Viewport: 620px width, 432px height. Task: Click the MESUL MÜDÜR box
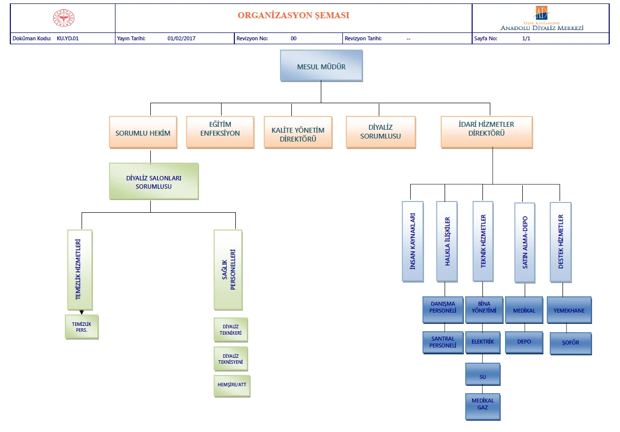pos(321,66)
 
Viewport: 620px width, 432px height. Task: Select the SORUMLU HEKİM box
pos(143,132)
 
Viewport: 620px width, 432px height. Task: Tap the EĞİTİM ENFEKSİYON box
pos(220,132)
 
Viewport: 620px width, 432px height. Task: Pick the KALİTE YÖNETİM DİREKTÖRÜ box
pos(298,132)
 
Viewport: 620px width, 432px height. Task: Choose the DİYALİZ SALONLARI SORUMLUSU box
pos(154,181)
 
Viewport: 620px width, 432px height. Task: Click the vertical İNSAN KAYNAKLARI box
pos(413,241)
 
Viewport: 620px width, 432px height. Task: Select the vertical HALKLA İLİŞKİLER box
pos(447,241)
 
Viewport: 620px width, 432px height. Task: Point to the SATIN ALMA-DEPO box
pos(525,243)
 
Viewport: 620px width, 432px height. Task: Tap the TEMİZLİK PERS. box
pos(82,327)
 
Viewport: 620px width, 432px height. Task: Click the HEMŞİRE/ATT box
pos(232,386)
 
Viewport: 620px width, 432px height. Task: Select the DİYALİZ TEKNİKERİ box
pos(231,330)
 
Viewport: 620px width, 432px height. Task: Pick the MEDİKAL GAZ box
pos(483,407)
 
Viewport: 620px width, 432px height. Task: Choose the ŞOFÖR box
pos(571,344)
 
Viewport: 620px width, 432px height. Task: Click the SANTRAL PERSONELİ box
pos(443,342)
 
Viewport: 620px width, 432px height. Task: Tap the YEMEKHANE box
pos(569,310)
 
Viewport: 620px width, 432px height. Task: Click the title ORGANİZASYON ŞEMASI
pos(293,15)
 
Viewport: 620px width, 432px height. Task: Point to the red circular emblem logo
pos(64,18)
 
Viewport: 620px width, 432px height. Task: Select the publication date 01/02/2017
pos(181,38)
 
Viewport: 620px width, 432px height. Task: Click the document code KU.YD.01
pos(67,38)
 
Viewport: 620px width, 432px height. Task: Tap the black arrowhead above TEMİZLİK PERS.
pos(82,313)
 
